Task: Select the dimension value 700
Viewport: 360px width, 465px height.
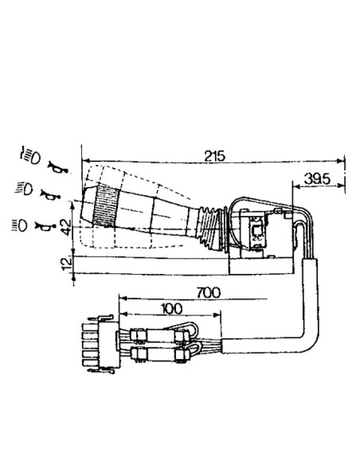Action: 209,293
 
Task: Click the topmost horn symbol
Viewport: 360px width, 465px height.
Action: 57,166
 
